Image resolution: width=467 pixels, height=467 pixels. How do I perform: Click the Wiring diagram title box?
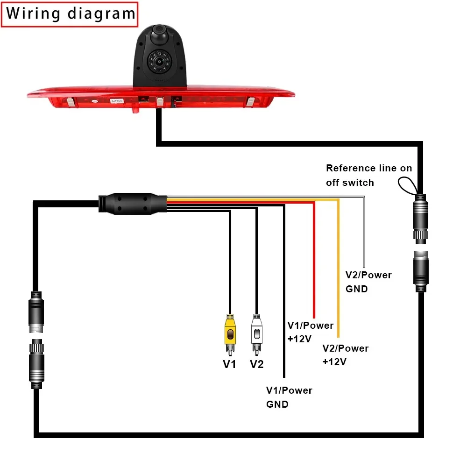tap(71, 14)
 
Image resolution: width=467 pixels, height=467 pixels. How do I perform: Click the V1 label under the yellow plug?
tap(229, 364)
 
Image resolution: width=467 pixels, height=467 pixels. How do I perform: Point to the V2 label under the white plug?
tap(256, 364)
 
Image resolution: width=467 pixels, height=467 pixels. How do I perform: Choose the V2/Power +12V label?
tap(345, 355)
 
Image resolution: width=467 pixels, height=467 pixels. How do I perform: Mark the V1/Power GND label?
tap(289, 397)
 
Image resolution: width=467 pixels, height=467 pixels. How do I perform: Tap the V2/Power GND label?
tap(368, 282)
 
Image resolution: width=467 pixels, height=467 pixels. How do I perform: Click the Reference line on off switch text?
tap(369, 175)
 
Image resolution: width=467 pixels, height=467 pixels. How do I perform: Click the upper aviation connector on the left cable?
tap(36, 312)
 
